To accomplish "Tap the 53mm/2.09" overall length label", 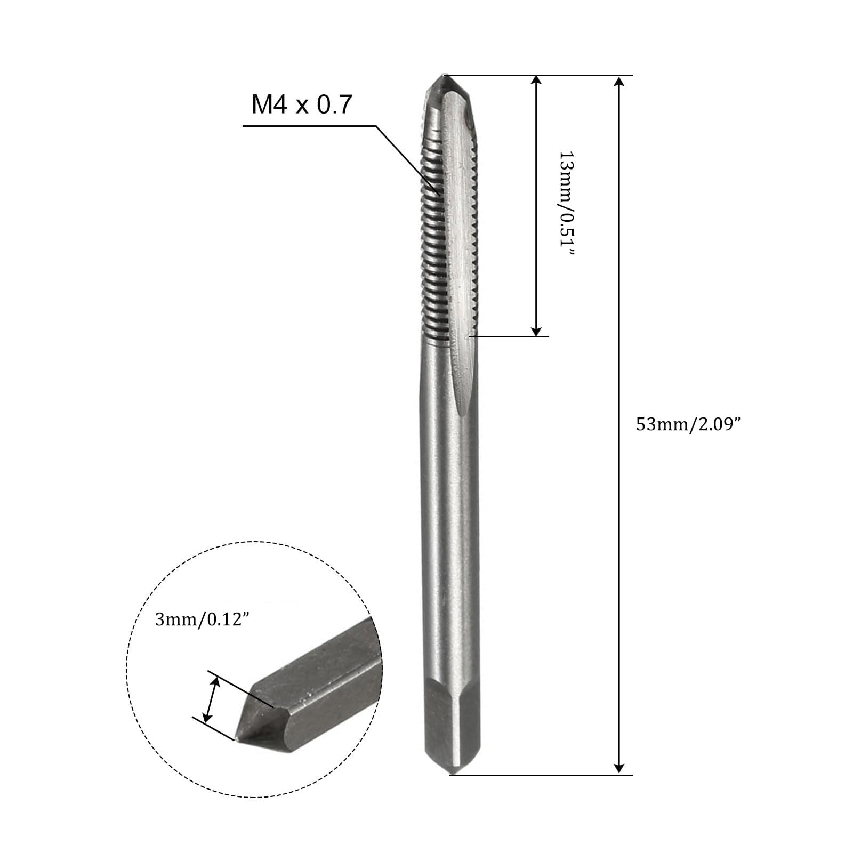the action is click(688, 425).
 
